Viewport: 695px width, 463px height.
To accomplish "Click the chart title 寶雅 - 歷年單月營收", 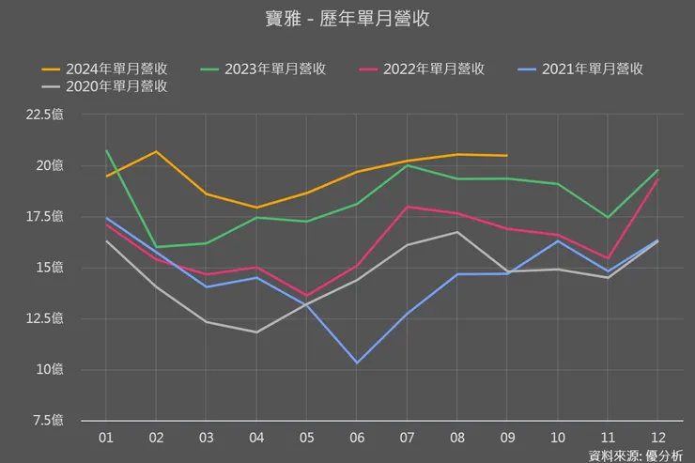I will pos(347,20).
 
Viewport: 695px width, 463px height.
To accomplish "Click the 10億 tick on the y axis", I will pos(59,369).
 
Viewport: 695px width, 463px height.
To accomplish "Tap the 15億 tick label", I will pos(59,268).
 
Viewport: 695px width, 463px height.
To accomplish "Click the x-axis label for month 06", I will pos(356,437).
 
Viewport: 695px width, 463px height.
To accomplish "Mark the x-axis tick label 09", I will pos(506,437).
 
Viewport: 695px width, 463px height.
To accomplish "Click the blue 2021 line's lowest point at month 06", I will pos(356,363).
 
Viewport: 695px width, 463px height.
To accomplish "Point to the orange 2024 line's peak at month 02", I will pos(156,151).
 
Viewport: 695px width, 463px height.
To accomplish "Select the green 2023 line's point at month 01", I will pos(106,150).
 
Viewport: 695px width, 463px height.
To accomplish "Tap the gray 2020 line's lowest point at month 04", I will pos(255,332).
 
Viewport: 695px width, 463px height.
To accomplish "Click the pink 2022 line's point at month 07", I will pos(406,207).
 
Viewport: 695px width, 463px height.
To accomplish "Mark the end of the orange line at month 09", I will pos(506,155).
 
